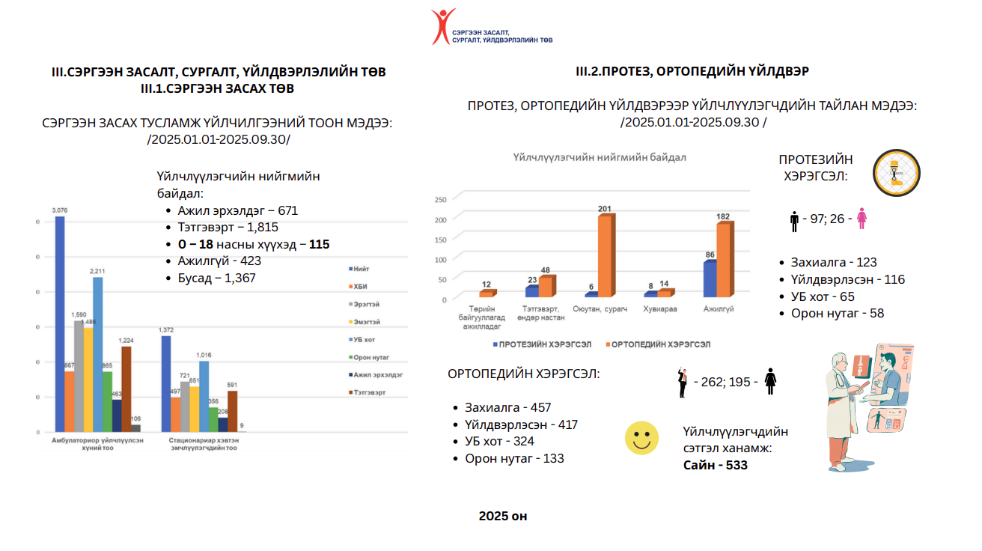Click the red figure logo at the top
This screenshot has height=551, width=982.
(x=443, y=26)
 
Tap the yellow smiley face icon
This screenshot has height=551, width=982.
(x=641, y=438)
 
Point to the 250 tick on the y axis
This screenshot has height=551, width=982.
(x=440, y=199)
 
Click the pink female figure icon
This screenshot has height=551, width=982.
(x=861, y=219)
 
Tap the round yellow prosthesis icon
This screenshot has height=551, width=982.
(x=897, y=173)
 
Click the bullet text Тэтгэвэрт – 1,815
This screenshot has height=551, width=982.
(x=228, y=227)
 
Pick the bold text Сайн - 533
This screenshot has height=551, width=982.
(x=715, y=465)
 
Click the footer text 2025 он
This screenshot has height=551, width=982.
(x=503, y=517)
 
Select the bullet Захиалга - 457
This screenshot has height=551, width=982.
(x=507, y=407)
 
